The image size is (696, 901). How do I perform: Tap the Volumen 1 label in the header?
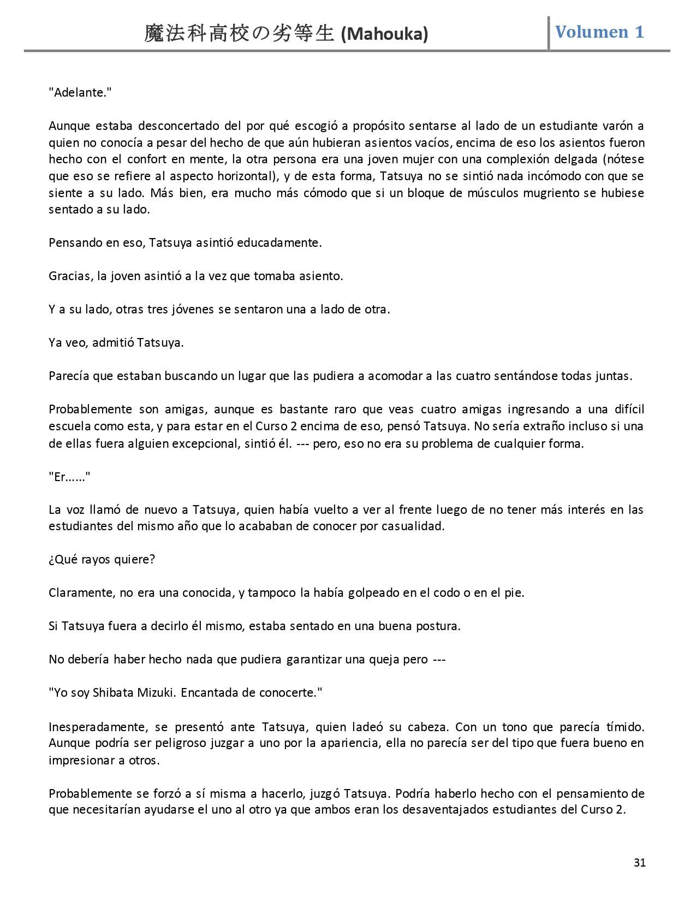(x=599, y=32)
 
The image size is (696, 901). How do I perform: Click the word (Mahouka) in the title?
(x=384, y=34)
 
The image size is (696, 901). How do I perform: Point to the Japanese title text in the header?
(x=239, y=34)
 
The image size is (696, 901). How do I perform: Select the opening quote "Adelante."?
(x=80, y=92)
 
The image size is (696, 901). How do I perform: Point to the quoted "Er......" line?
(x=69, y=477)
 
